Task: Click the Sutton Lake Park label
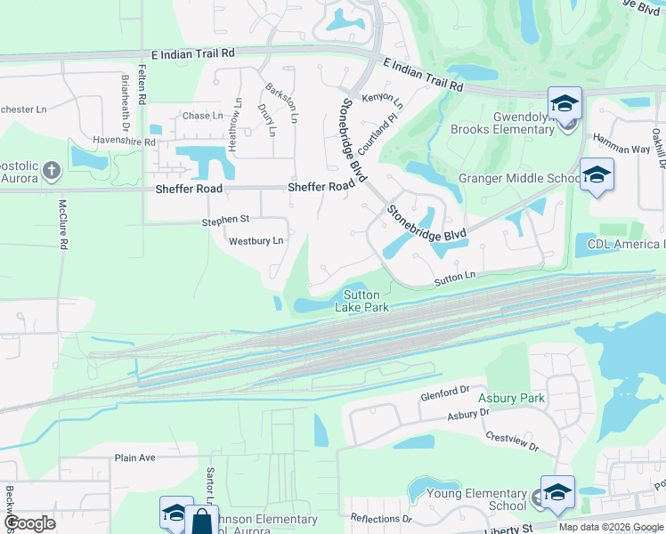click(x=361, y=301)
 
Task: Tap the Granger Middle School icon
click(x=596, y=174)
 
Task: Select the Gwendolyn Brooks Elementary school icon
click(x=564, y=104)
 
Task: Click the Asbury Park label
click(x=511, y=398)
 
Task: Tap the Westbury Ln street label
click(x=256, y=241)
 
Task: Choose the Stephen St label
click(x=225, y=219)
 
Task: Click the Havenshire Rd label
click(x=125, y=142)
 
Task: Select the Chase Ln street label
click(x=202, y=116)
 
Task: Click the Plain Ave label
click(x=134, y=457)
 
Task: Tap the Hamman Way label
click(x=622, y=150)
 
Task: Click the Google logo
click(x=29, y=523)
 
